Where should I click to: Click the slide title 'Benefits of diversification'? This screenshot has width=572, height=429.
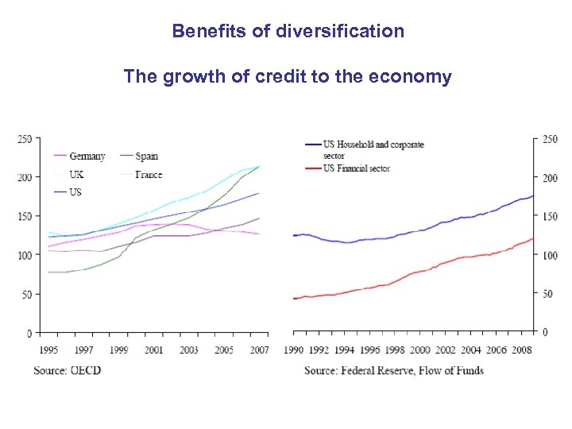tap(288, 32)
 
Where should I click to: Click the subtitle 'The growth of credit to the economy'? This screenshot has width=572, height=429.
tap(288, 77)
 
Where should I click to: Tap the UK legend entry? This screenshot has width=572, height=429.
tap(76, 174)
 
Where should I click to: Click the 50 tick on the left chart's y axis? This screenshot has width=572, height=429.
tap(26, 295)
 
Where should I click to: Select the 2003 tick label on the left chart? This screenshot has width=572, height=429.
tap(189, 350)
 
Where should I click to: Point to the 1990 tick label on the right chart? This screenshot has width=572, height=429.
tap(295, 350)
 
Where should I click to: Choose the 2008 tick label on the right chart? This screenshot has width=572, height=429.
tap(521, 350)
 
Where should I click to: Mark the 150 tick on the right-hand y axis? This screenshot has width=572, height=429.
tap(547, 217)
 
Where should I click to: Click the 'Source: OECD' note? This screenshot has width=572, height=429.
tap(68, 370)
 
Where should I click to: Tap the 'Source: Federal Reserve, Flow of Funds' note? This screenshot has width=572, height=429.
tap(393, 370)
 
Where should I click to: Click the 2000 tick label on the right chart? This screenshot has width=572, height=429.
tap(419, 350)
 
